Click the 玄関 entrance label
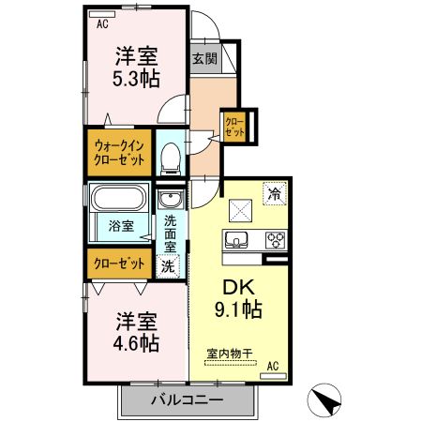(x=204, y=58)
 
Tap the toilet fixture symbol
(x=171, y=158)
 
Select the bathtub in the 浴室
(x=119, y=198)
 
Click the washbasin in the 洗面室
(x=171, y=200)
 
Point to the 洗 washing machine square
(x=168, y=266)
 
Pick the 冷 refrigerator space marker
(x=275, y=193)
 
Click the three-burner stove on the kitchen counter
(x=276, y=240)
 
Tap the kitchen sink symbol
(x=236, y=240)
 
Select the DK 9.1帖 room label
(x=238, y=298)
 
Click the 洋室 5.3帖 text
(x=136, y=67)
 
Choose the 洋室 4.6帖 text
(x=136, y=332)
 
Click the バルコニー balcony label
(x=188, y=399)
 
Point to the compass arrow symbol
(x=324, y=399)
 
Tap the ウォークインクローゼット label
(x=119, y=153)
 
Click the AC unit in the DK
(x=274, y=376)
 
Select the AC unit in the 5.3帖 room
(x=102, y=14)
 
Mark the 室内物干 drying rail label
(x=230, y=354)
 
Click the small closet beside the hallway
(x=234, y=128)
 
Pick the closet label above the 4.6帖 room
(x=119, y=264)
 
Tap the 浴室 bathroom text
(x=121, y=226)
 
